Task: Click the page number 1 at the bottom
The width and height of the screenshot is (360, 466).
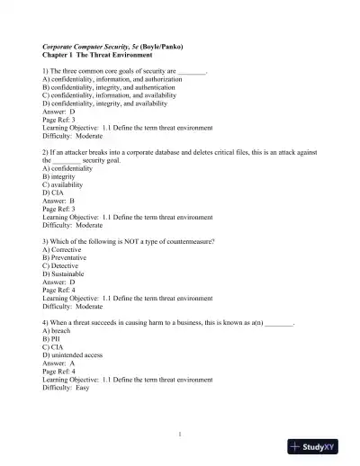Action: pyautogui.click(x=180, y=435)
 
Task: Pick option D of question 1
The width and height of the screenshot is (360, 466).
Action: pyautogui.click(x=104, y=104)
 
